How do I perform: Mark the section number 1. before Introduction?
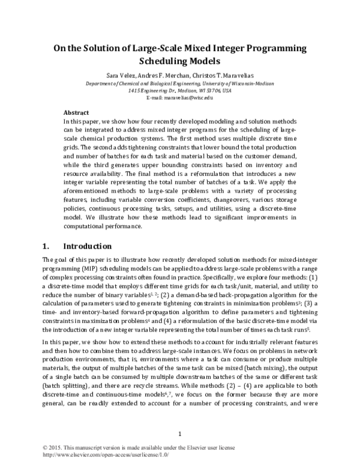(x=47, y=246)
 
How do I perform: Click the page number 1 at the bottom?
(x=180, y=434)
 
